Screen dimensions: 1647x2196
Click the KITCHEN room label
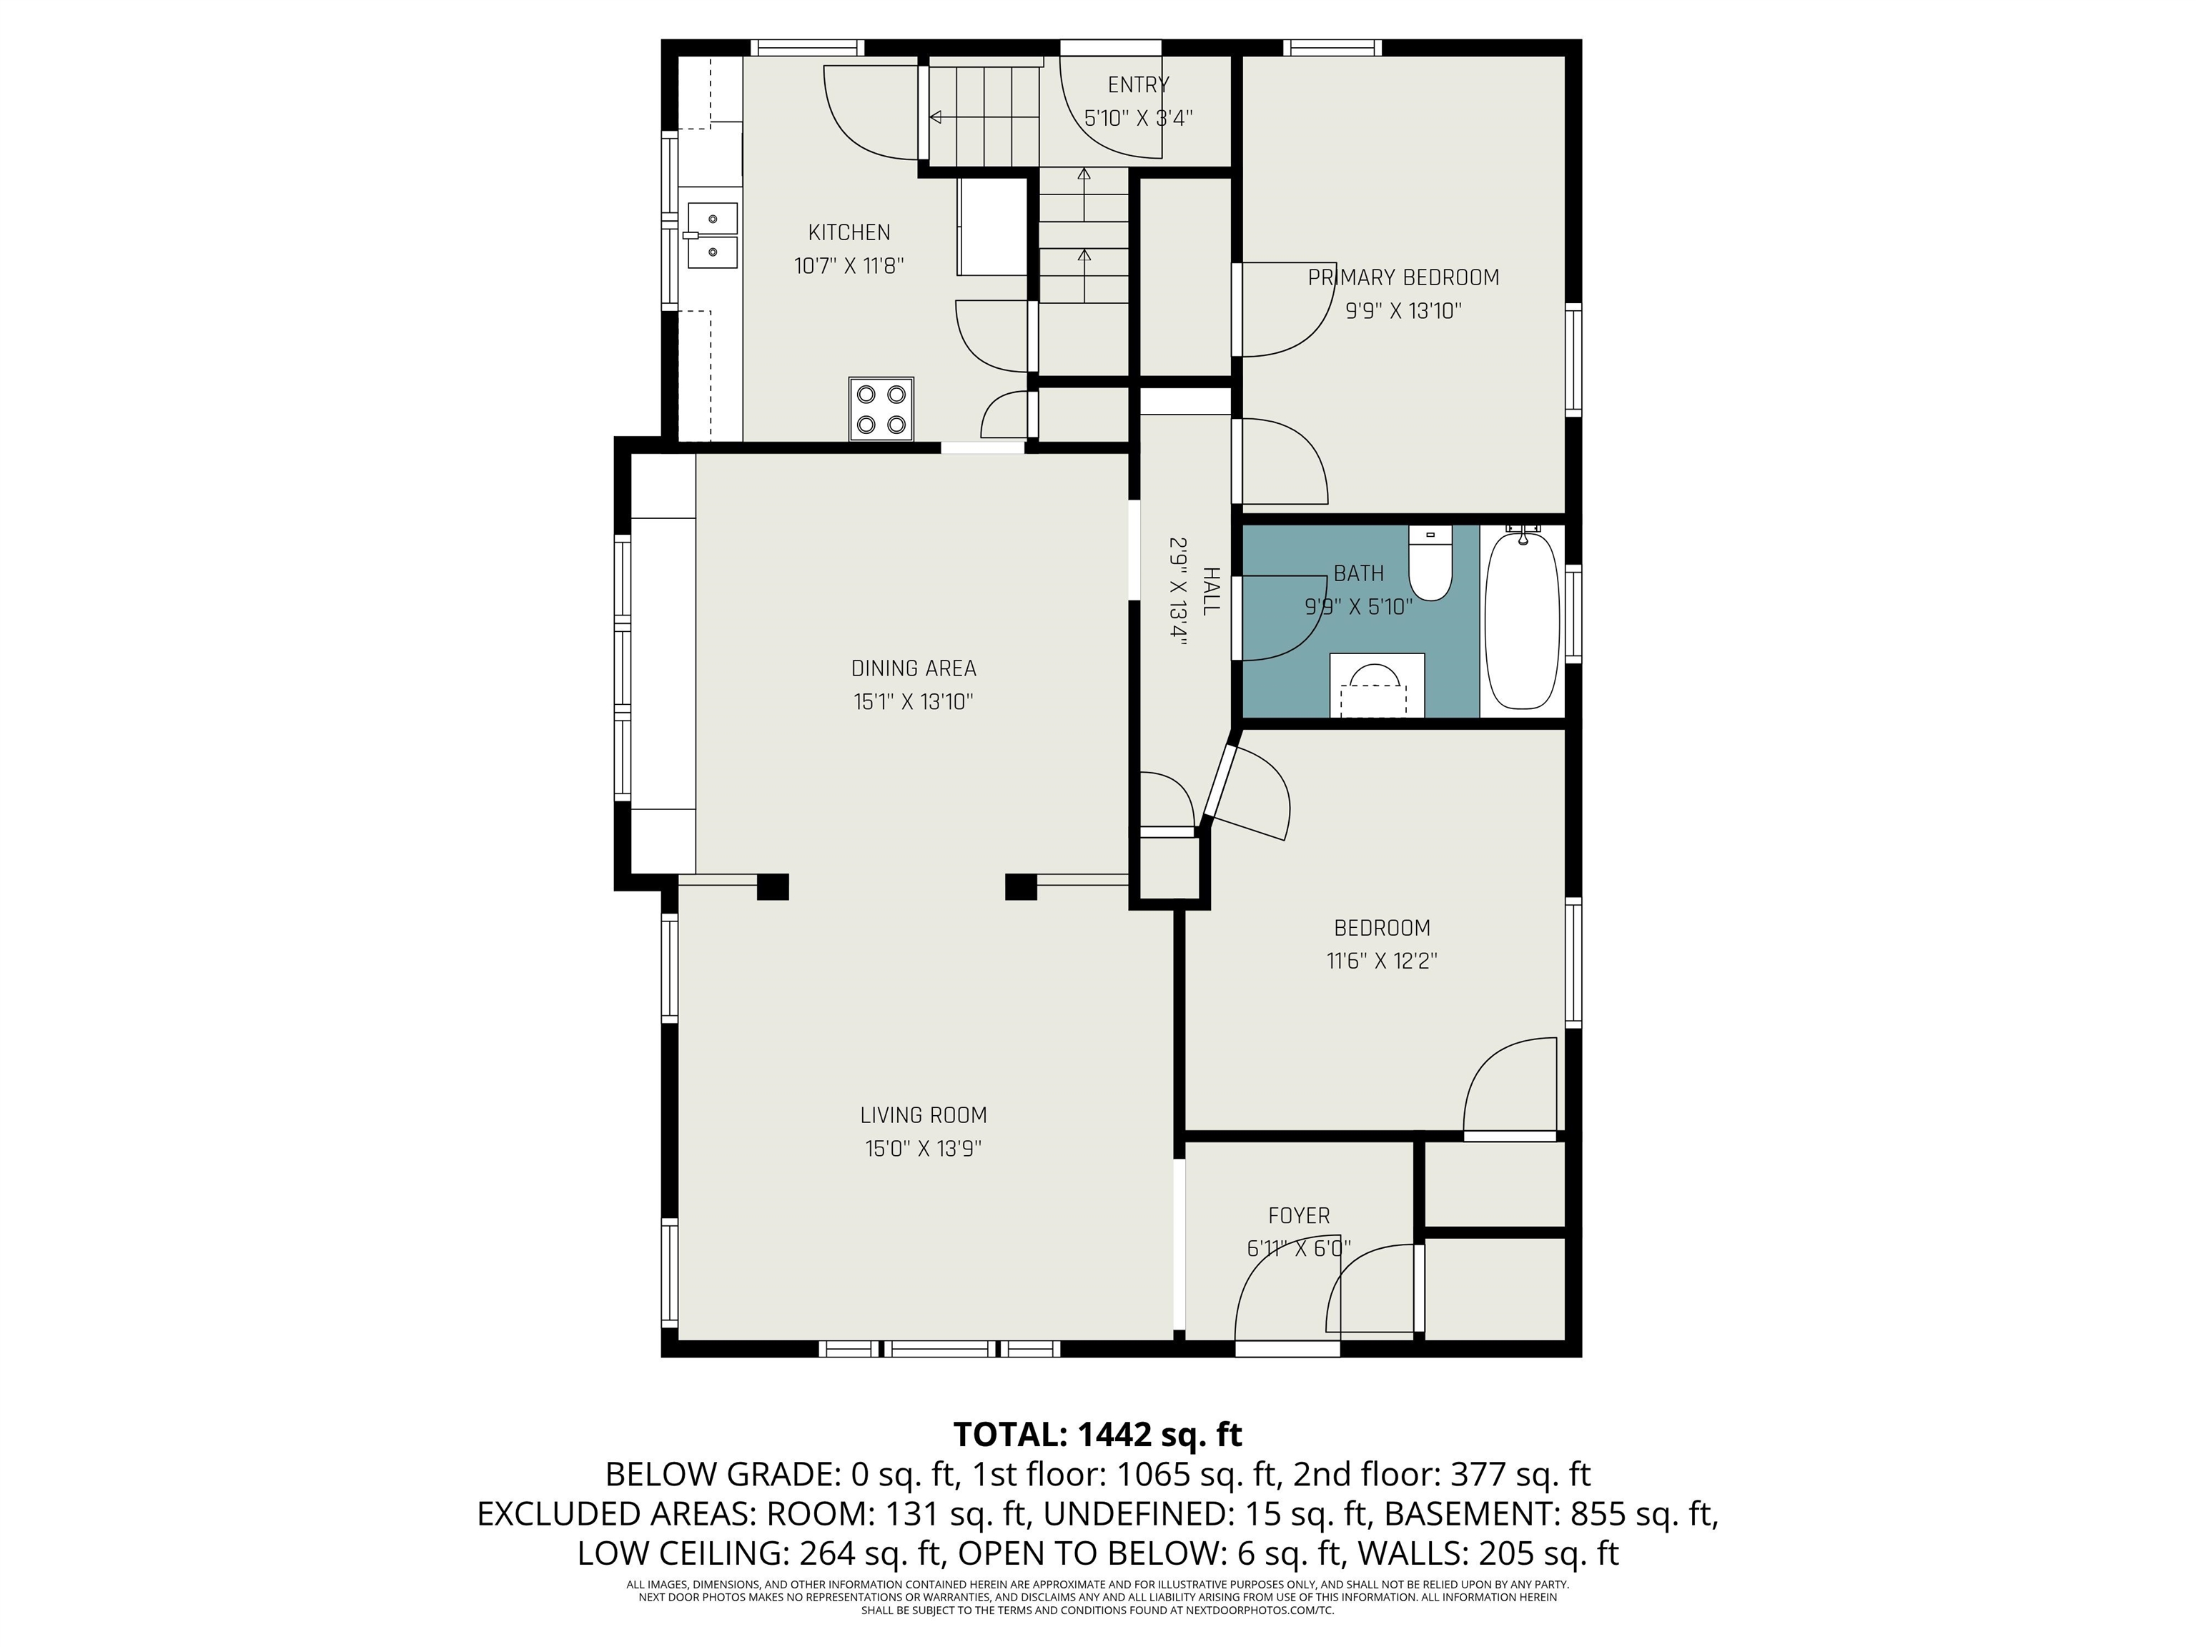[849, 232]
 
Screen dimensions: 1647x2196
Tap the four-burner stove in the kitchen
[881, 408]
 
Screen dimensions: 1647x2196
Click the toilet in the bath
[1430, 565]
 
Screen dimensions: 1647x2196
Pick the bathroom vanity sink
[1376, 685]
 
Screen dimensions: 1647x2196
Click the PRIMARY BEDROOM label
[1403, 278]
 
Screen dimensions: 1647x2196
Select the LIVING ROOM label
[924, 1115]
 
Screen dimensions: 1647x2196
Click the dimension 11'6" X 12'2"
[1382, 961]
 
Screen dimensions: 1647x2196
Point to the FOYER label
[1299, 1215]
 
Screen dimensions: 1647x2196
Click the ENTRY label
[1138, 85]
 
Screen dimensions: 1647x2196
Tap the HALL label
[1210, 592]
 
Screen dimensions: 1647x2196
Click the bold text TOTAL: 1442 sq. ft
[1097, 1435]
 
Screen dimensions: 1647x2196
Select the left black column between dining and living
[772, 886]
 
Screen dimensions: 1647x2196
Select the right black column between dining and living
[1021, 886]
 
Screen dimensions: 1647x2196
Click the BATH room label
[1358, 574]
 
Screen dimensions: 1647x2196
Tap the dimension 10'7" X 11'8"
[849, 266]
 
